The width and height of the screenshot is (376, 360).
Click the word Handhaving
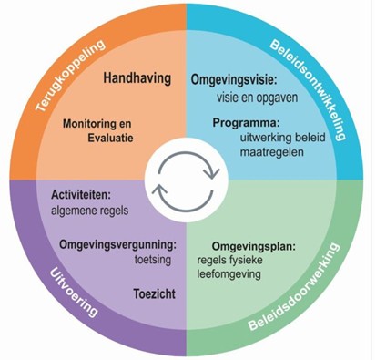137,78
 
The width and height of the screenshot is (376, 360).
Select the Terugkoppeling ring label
73,77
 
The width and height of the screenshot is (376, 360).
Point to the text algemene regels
89,210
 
